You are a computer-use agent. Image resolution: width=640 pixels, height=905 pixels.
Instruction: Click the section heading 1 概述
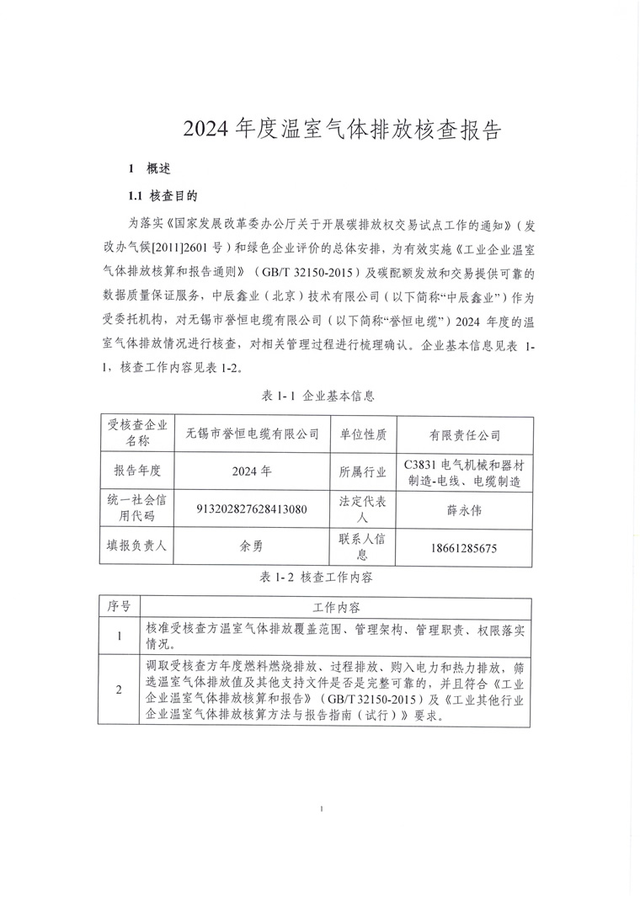(x=149, y=168)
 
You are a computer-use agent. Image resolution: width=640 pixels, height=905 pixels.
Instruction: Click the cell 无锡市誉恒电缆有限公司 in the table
(x=252, y=435)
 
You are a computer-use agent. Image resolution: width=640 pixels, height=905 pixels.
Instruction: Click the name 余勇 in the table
(x=252, y=546)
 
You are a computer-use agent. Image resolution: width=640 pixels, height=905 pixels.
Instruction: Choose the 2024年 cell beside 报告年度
(x=252, y=472)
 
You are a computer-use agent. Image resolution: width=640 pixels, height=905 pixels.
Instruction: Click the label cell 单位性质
(x=363, y=435)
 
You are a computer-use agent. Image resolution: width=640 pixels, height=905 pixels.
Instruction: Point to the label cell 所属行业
(x=363, y=472)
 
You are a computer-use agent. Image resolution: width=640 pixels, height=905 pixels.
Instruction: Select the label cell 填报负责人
(x=134, y=546)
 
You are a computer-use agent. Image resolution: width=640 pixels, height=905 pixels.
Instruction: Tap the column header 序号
(x=119, y=607)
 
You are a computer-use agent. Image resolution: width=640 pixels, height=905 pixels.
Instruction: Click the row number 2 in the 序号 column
(x=119, y=690)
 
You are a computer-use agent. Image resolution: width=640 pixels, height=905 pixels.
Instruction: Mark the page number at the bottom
(x=323, y=810)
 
